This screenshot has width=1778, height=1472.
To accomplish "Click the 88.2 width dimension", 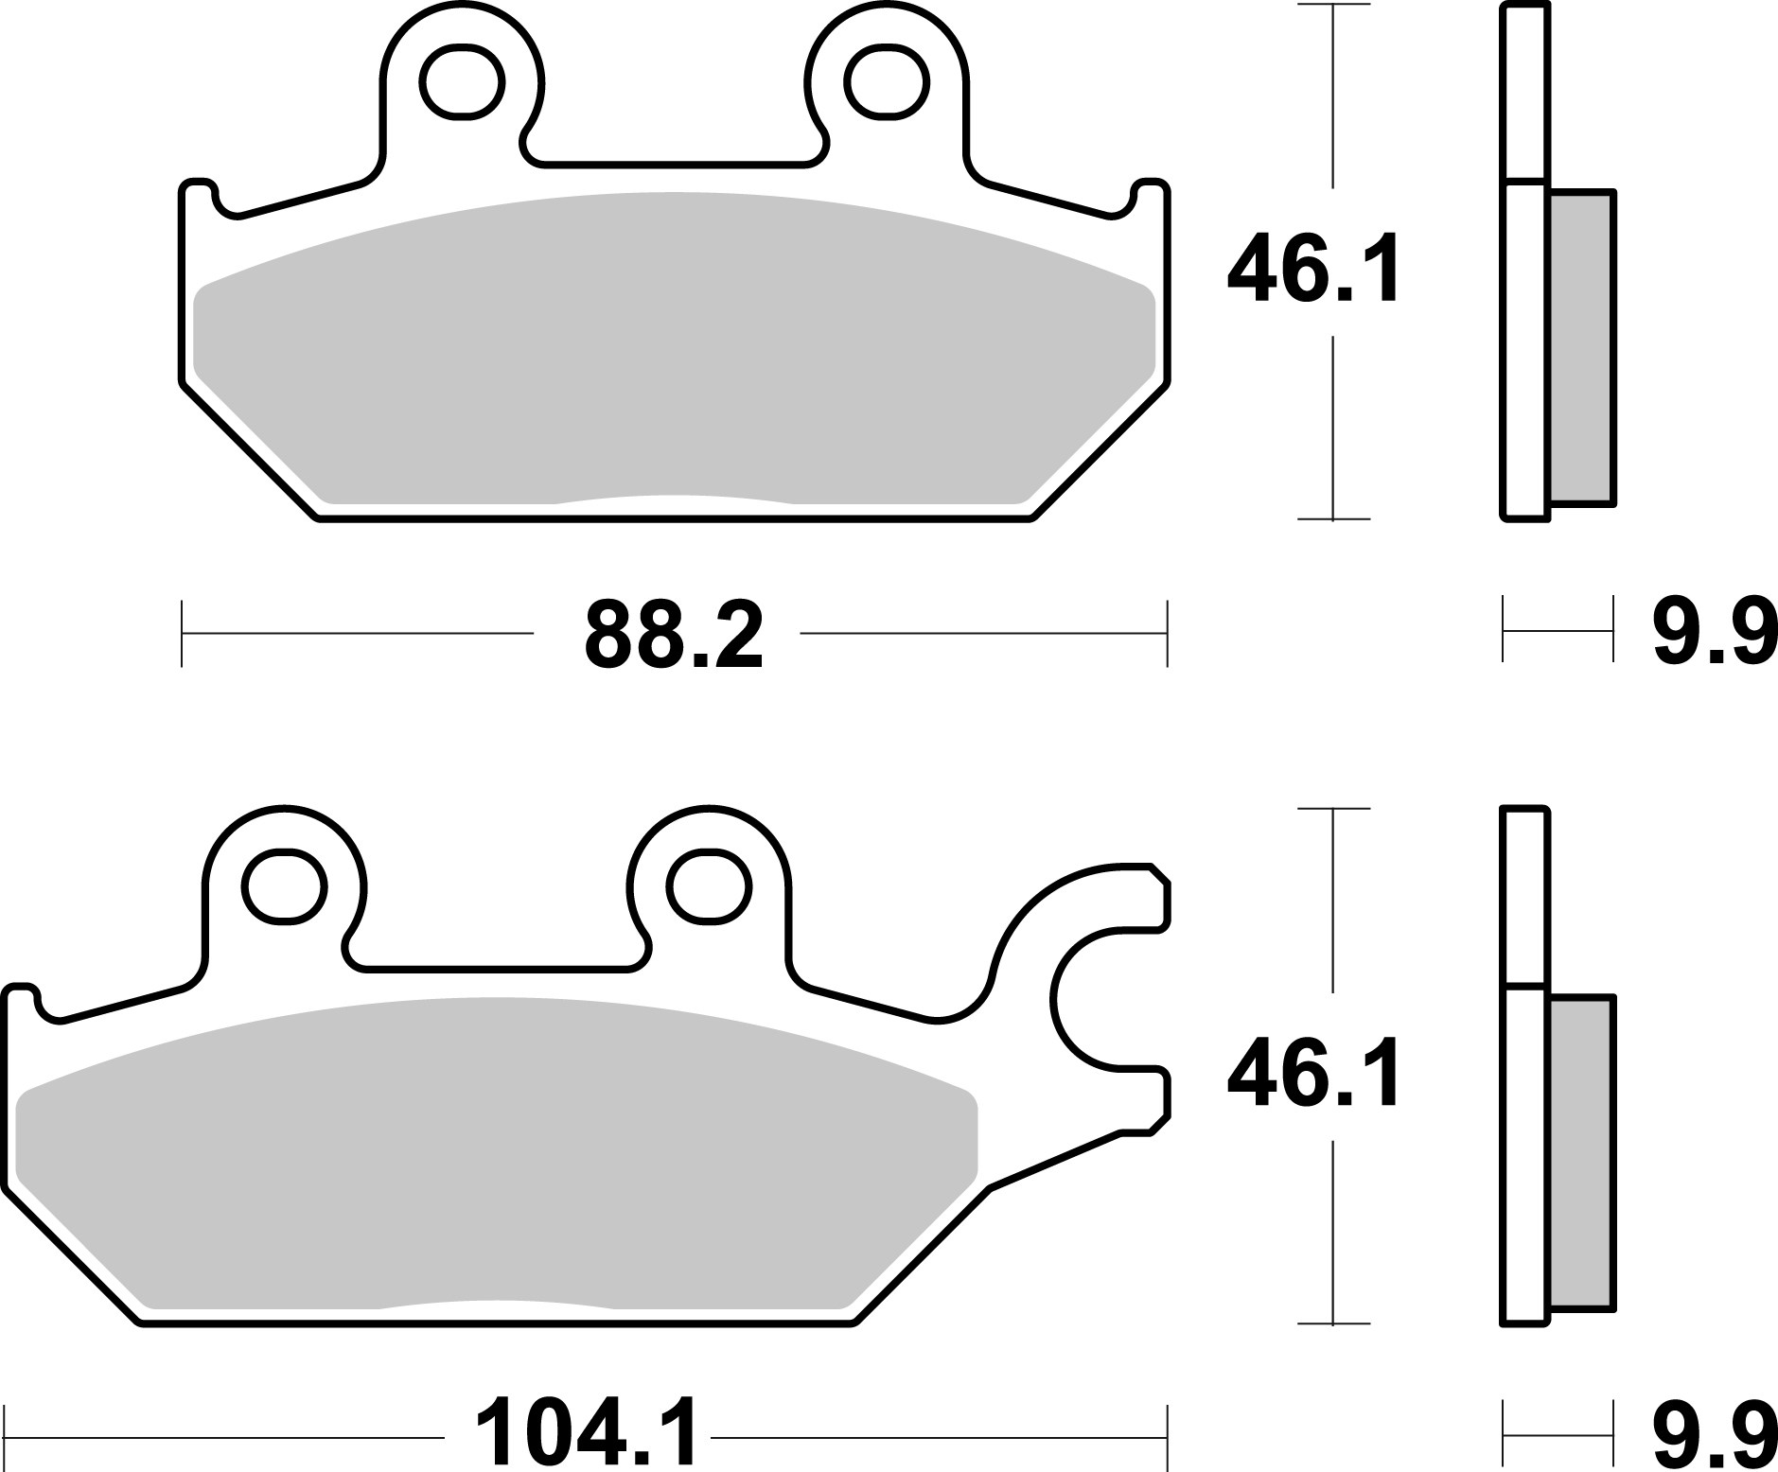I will click(x=673, y=634).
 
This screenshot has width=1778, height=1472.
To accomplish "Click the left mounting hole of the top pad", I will click(x=462, y=83).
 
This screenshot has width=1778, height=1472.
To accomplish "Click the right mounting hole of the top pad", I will click(x=887, y=83).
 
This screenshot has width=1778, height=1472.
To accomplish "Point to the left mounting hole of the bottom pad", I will click(x=284, y=887).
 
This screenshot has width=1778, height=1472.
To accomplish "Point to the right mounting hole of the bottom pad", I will click(x=709, y=887).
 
